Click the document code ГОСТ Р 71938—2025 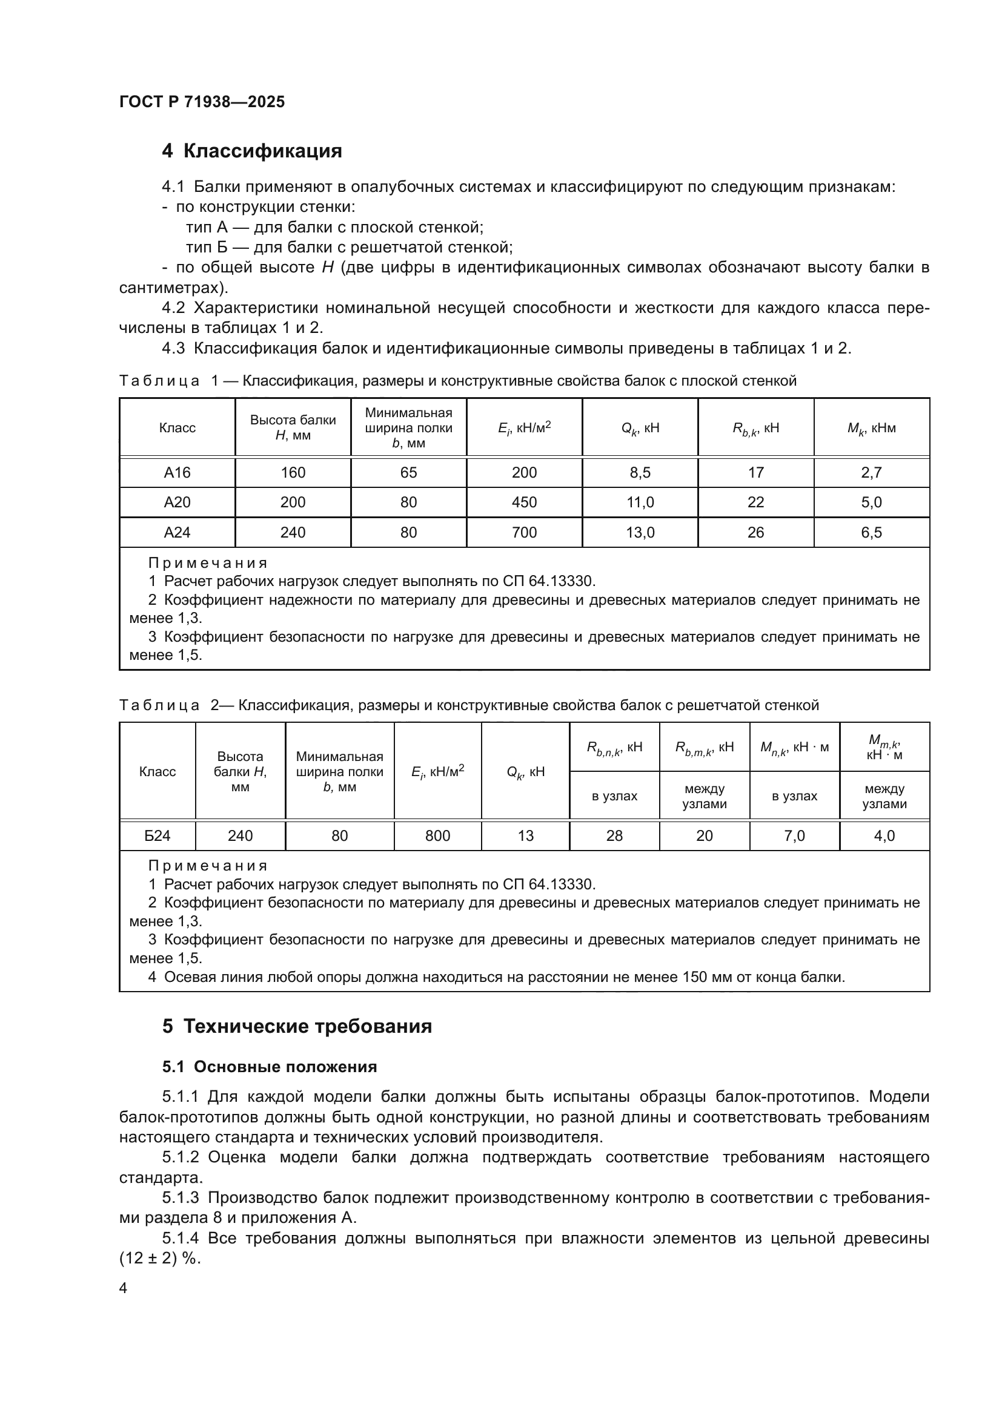pos(202,102)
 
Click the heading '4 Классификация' pos(252,151)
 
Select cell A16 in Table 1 pos(177,472)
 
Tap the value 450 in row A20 pos(524,502)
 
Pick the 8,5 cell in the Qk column pos(640,472)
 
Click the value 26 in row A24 pos(755,532)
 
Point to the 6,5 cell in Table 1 pos(871,532)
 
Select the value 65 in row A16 pos(408,472)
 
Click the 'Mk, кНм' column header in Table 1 pos(871,428)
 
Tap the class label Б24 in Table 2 pos(158,835)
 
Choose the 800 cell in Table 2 pos(437,835)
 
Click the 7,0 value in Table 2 pos(794,835)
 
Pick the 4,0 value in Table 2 pos(884,835)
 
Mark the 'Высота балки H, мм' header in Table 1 pos(293,427)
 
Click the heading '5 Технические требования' pos(297,1026)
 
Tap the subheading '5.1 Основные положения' pos(270,1067)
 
